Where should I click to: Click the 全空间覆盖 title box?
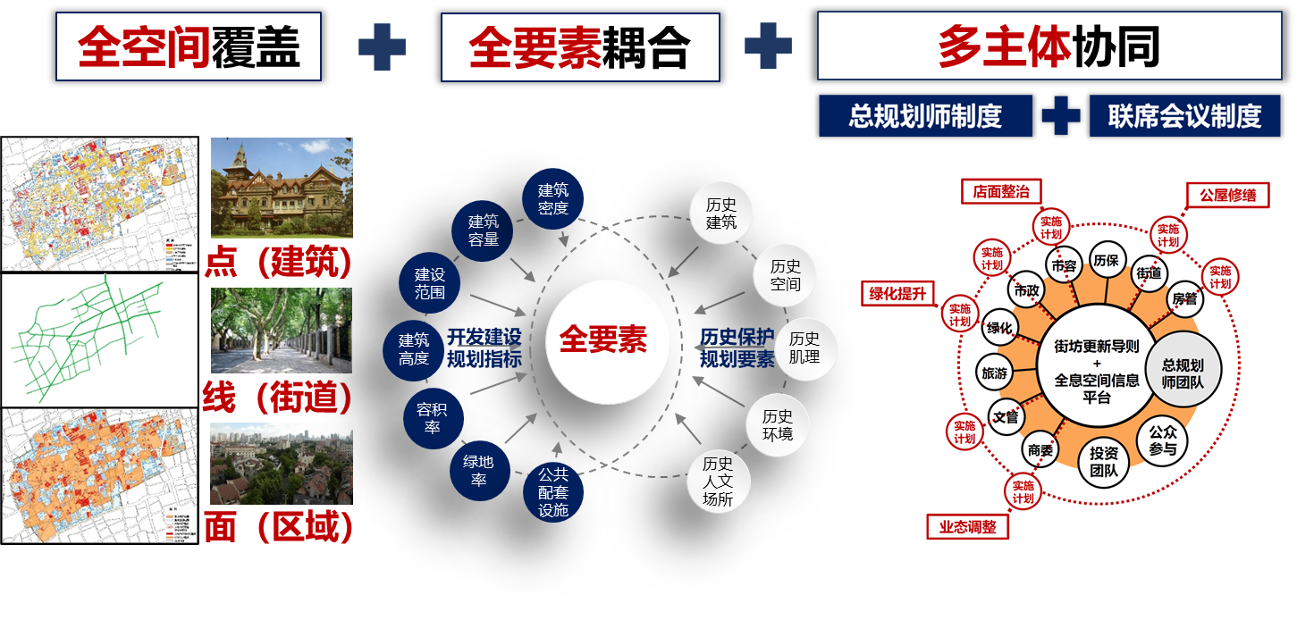click(188, 46)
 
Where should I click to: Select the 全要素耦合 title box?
click(579, 47)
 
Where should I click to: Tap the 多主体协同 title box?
click(1049, 46)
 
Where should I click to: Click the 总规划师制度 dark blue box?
click(924, 116)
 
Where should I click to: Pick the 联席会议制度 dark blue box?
click(1184, 116)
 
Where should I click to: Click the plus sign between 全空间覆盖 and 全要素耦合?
click(382, 47)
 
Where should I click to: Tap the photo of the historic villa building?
click(282, 188)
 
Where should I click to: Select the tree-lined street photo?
click(282, 330)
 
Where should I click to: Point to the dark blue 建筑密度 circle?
click(552, 198)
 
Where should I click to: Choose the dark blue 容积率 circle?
click(432, 418)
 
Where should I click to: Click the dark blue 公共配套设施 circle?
click(552, 492)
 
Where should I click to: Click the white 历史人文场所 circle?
click(718, 481)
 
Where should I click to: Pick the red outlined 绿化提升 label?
click(897, 293)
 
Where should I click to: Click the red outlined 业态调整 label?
click(967, 527)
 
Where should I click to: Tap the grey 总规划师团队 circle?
click(1182, 373)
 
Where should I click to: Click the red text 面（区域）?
click(278, 528)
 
